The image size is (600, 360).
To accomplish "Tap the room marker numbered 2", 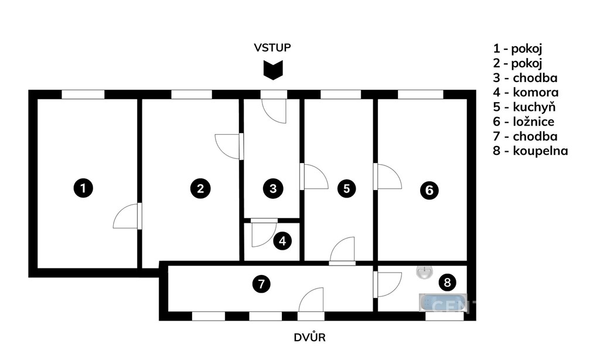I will [x=200, y=188].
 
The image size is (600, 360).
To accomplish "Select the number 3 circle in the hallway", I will [x=273, y=189].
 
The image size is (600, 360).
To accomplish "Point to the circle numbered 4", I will [x=283, y=240].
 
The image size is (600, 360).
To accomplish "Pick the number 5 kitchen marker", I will [x=347, y=189].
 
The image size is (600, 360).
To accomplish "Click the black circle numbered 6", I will [x=429, y=190].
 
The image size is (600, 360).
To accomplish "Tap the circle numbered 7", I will [x=261, y=284].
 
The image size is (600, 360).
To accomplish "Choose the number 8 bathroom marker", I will [x=448, y=283].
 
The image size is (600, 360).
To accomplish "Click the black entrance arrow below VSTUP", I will [x=272, y=70].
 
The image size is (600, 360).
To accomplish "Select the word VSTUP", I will [x=272, y=47].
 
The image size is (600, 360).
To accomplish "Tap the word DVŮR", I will [x=309, y=338].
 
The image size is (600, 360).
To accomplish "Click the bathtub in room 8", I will [x=443, y=303].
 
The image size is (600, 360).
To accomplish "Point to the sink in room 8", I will [x=424, y=271].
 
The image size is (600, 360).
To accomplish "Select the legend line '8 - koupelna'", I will [x=530, y=151].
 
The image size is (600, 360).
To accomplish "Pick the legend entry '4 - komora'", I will [x=526, y=93].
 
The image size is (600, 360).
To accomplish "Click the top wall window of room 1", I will [x=83, y=94].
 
